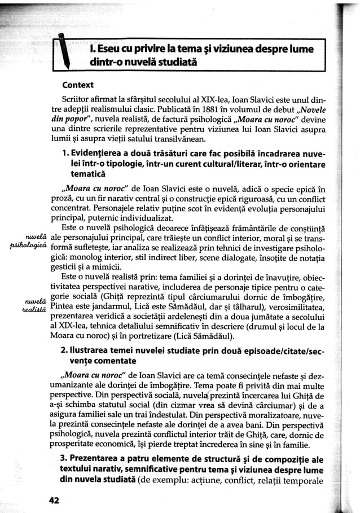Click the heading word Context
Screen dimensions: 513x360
pos(78,86)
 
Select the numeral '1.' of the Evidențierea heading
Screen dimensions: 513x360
pos(67,155)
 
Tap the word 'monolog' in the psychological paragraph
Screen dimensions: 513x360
pos(86,256)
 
